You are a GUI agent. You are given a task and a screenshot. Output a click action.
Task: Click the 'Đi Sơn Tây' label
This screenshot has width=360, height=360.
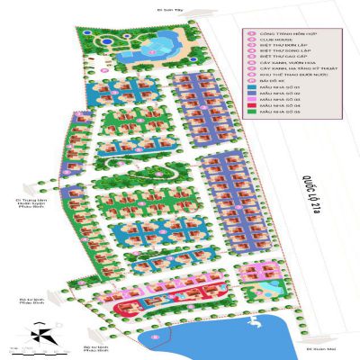(x=168, y=11)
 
